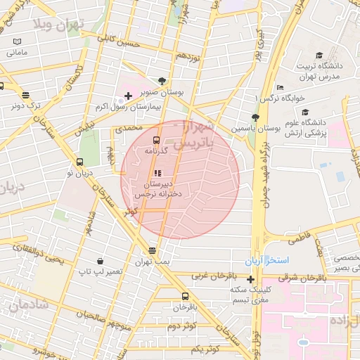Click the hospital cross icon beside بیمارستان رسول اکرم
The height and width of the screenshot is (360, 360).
tap(127, 96)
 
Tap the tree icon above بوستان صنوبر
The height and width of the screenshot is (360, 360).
tap(162, 81)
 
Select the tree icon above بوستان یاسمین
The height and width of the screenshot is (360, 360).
tap(255, 118)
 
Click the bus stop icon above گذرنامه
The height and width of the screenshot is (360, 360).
tap(155, 140)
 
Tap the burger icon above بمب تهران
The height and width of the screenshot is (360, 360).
tap(153, 250)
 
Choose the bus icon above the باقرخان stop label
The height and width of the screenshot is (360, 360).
tap(185, 296)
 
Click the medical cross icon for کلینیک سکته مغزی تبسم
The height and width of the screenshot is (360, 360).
tap(250, 279)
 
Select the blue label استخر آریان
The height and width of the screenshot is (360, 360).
tap(267, 261)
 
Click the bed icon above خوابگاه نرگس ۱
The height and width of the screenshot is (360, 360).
tap(281, 87)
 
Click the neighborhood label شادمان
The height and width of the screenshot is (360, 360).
tap(29, 304)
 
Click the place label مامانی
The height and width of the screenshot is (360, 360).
tap(16, 53)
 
